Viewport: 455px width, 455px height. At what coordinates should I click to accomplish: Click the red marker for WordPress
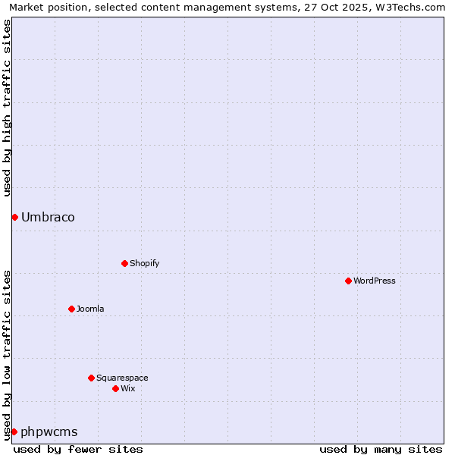[348, 281]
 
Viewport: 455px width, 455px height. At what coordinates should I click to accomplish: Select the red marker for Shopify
[124, 263]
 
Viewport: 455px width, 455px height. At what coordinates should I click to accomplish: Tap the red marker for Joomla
[71, 309]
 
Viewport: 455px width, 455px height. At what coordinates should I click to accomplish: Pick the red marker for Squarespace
[91, 378]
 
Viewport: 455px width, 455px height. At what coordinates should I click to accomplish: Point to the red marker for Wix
[115, 388]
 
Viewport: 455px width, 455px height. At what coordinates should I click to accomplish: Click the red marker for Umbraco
[14, 218]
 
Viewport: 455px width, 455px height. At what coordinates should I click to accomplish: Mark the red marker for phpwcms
[14, 431]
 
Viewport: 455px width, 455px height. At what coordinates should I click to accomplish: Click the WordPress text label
[375, 281]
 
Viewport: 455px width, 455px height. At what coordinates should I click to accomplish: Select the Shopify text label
[145, 263]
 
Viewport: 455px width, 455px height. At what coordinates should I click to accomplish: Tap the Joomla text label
[90, 309]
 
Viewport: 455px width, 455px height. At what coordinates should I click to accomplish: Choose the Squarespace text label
[122, 378]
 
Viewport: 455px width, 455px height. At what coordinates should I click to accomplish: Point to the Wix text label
[128, 388]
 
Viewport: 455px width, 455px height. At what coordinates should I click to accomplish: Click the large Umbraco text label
[48, 218]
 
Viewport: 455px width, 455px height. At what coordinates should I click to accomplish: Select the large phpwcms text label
[49, 432]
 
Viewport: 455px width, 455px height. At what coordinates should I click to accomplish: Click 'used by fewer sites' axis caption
[78, 449]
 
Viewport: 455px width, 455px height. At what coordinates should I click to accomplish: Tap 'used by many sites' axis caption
[381, 449]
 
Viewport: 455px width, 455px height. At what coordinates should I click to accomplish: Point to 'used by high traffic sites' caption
[8, 108]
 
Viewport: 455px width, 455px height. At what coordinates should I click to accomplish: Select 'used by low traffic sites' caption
[8, 355]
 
